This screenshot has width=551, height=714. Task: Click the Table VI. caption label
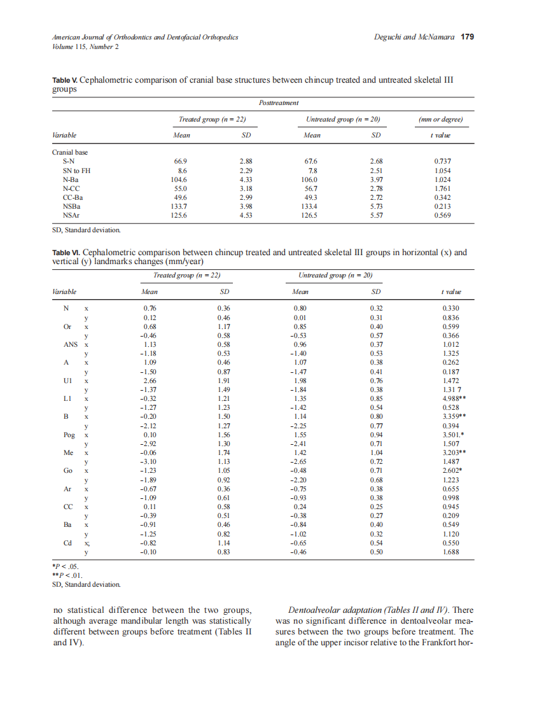(66, 253)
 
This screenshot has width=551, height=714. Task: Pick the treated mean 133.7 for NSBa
(180, 206)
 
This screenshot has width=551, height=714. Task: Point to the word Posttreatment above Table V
(279, 102)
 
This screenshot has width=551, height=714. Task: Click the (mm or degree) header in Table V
(440, 119)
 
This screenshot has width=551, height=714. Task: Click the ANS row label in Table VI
(71, 344)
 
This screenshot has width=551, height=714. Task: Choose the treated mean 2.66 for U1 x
(150, 381)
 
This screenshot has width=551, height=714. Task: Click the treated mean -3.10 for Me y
(148, 461)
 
